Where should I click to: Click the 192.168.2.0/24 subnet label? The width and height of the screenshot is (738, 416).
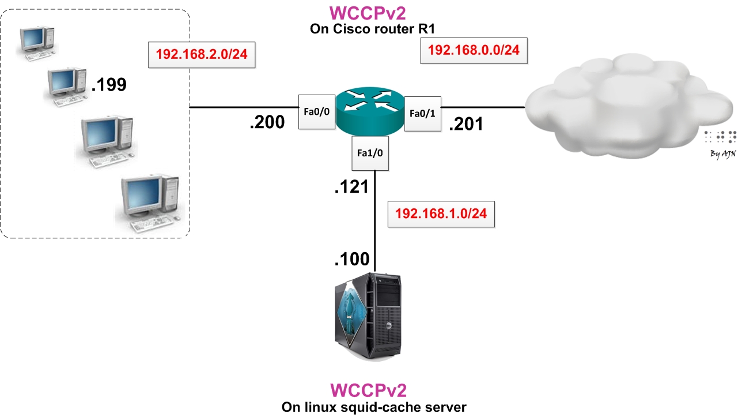point(202,55)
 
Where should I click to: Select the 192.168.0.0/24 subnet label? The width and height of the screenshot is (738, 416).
point(474,50)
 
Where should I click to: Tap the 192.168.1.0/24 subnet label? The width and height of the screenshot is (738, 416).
point(441,213)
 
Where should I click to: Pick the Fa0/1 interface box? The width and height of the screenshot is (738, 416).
point(422,114)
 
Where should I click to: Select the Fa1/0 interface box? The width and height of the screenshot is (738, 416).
point(370,153)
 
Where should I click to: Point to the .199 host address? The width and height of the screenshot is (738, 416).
point(108,85)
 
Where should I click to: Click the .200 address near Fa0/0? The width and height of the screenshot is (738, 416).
point(267,122)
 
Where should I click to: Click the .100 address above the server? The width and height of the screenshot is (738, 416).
point(351,259)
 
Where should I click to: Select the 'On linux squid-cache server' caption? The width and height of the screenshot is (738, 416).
point(373,407)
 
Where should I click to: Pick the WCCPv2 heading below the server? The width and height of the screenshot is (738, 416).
point(372,389)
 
